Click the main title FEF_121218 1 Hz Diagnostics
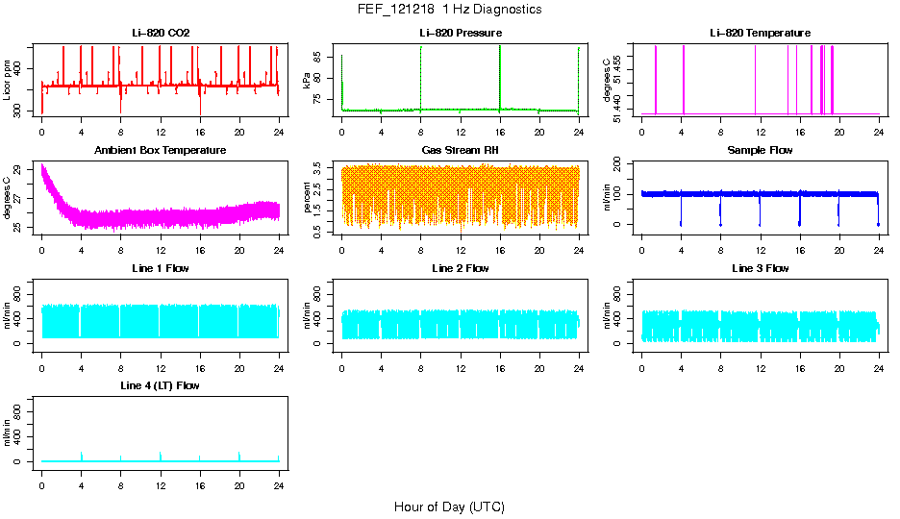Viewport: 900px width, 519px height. click(448, 10)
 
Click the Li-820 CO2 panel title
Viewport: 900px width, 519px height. click(161, 34)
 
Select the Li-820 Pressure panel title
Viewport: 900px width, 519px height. click(461, 34)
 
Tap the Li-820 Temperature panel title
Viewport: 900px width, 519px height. click(760, 34)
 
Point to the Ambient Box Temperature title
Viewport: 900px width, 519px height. click(161, 151)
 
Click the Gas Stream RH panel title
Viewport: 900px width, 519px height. click(461, 151)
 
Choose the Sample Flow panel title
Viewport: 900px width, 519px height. click(760, 151)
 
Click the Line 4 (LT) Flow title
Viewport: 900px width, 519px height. click(161, 385)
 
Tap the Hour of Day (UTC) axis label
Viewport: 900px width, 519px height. click(449, 507)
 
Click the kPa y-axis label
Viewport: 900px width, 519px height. click(308, 82)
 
